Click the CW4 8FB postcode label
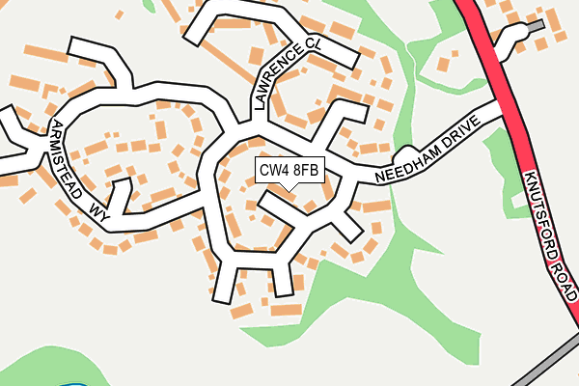point(288,171)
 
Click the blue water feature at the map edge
point(72,383)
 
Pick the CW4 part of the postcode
point(273,171)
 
